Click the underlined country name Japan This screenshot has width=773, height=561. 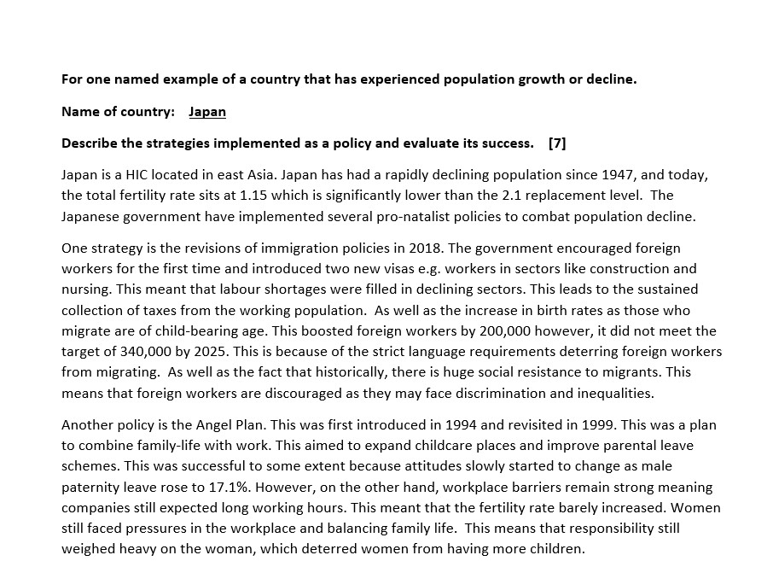click(207, 112)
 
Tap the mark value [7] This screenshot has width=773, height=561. click(557, 143)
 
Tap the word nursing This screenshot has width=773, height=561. click(86, 289)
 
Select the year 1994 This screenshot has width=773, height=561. click(420, 425)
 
